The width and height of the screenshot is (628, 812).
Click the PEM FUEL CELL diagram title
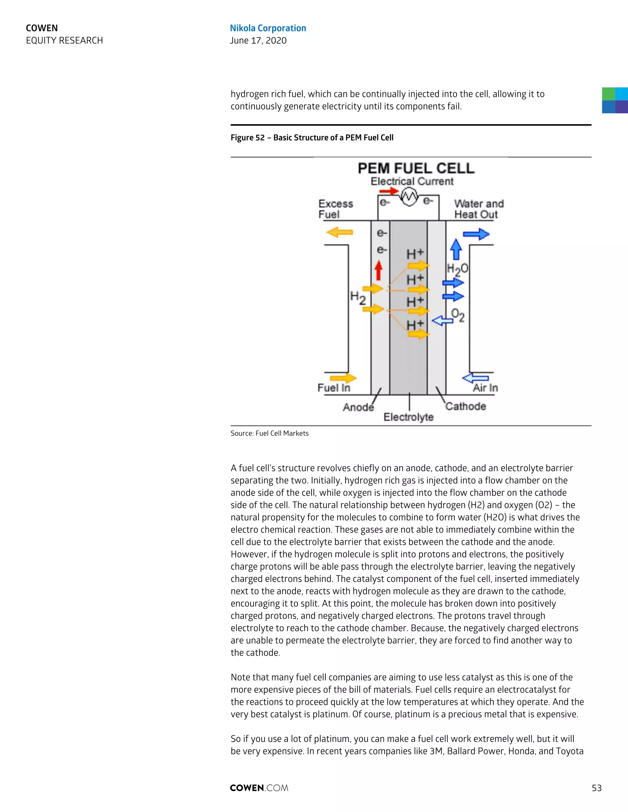tap(415, 169)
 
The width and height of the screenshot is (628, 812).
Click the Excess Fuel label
tap(335, 209)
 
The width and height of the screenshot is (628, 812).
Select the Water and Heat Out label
tap(478, 209)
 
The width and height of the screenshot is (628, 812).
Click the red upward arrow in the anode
tap(379, 270)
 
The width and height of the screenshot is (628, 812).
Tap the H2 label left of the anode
tap(358, 298)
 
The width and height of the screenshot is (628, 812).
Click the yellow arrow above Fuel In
tap(343, 378)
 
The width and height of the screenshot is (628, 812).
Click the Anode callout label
tap(358, 407)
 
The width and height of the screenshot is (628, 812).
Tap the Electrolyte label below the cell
tap(408, 417)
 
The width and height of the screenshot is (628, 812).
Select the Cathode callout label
tap(465, 406)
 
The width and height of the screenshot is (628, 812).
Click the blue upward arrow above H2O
tap(456, 249)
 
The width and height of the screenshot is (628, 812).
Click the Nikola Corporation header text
tap(268, 28)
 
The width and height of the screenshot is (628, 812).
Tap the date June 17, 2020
tap(258, 40)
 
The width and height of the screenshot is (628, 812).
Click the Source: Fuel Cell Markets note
tap(269, 433)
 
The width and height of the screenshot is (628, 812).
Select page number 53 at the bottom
tap(596, 788)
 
